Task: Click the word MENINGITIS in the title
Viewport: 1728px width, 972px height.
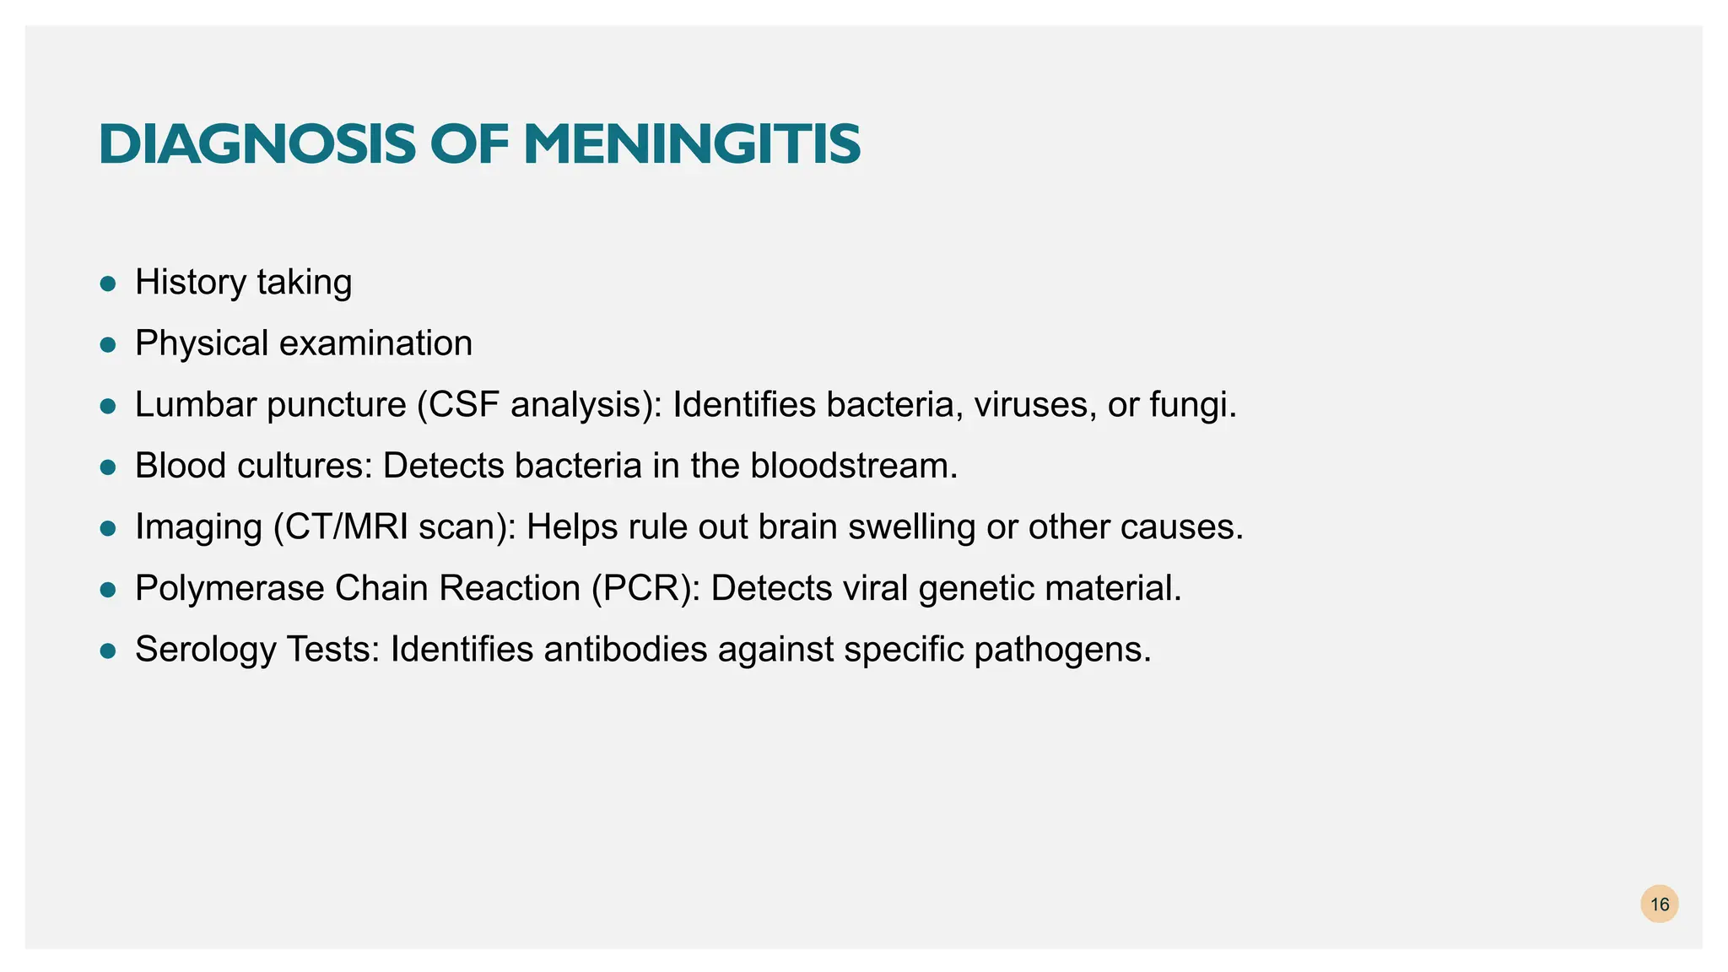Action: coord(692,144)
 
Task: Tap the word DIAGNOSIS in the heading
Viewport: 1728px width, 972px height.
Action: coord(256,144)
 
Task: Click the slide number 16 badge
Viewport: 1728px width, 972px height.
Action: coord(1659,904)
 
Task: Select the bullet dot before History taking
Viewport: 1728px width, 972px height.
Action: coord(107,283)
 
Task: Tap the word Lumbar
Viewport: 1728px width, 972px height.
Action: coord(195,405)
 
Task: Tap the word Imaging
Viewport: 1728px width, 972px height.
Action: coord(198,528)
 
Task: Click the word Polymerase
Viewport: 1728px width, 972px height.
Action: coord(229,589)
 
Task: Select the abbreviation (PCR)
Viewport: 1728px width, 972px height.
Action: coord(645,589)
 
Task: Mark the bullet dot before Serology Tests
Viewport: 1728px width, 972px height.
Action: coord(107,651)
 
